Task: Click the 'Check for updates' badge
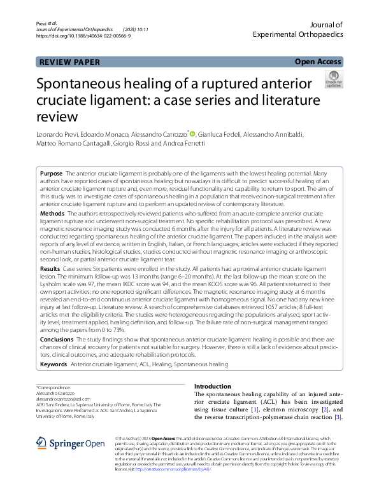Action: [334, 79]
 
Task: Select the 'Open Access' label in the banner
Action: [318, 62]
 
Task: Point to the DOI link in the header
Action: [84, 36]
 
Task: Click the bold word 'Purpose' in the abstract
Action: [51, 174]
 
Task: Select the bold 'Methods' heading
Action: [52, 216]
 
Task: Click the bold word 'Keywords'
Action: [54, 364]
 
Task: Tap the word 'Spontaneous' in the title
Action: [82, 85]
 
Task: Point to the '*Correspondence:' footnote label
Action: [54, 387]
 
